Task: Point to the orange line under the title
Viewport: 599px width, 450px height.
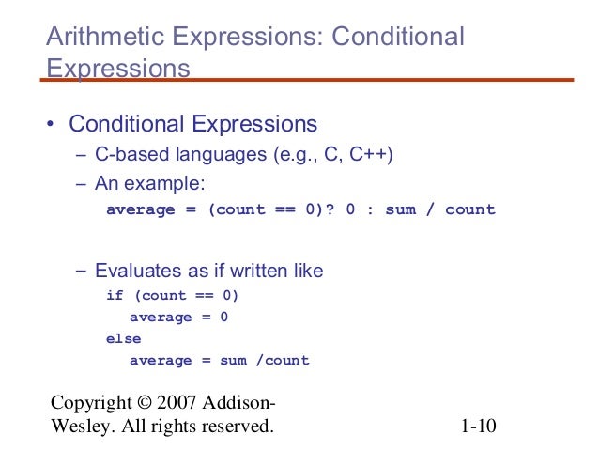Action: [x=310, y=80]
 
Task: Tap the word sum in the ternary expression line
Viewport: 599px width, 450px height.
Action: [x=400, y=209]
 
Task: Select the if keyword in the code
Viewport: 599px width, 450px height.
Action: [x=115, y=295]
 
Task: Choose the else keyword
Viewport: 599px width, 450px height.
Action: [x=123, y=338]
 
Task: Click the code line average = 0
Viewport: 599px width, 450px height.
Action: [x=178, y=317]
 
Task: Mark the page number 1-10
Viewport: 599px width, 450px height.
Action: [x=478, y=428]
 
